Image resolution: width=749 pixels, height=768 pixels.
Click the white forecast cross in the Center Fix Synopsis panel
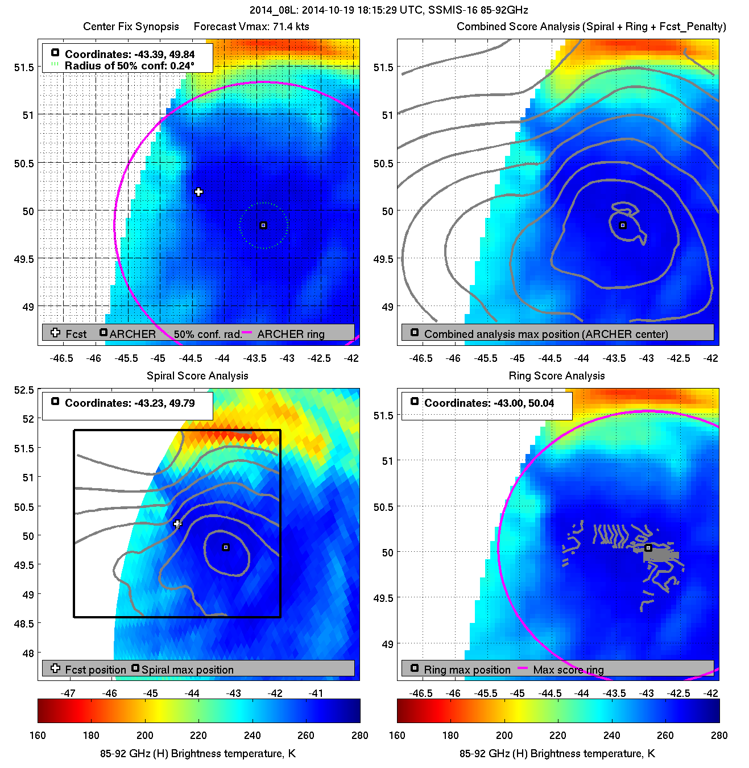pos(198,192)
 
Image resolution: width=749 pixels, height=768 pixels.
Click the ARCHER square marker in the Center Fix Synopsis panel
pos(263,226)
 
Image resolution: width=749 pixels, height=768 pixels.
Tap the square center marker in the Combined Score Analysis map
pos(623,226)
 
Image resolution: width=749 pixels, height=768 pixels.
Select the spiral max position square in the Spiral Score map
pos(226,548)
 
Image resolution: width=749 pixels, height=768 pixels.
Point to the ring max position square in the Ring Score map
pos(648,548)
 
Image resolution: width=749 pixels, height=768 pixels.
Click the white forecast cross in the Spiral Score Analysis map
pos(177,524)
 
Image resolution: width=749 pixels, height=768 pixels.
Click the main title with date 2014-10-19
pos(388,10)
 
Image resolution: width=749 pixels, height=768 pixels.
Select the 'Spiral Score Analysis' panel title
pos(197,375)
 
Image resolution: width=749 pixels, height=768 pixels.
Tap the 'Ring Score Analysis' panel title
pos(556,375)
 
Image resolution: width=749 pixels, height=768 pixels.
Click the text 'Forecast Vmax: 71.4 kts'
pos(251,27)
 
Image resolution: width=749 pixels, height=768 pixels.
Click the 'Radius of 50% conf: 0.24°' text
pos(130,66)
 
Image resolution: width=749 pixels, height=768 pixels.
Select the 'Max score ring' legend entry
pos(568,670)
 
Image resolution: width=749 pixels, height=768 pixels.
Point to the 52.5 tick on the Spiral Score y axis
pos(24,390)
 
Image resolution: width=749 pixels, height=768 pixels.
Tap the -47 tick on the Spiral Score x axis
pos(68,693)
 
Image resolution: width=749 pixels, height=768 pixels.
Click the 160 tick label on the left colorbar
pos(38,736)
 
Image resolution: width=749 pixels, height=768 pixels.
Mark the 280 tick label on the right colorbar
pos(719,736)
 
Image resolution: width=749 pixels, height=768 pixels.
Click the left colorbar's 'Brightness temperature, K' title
pos(198,754)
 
